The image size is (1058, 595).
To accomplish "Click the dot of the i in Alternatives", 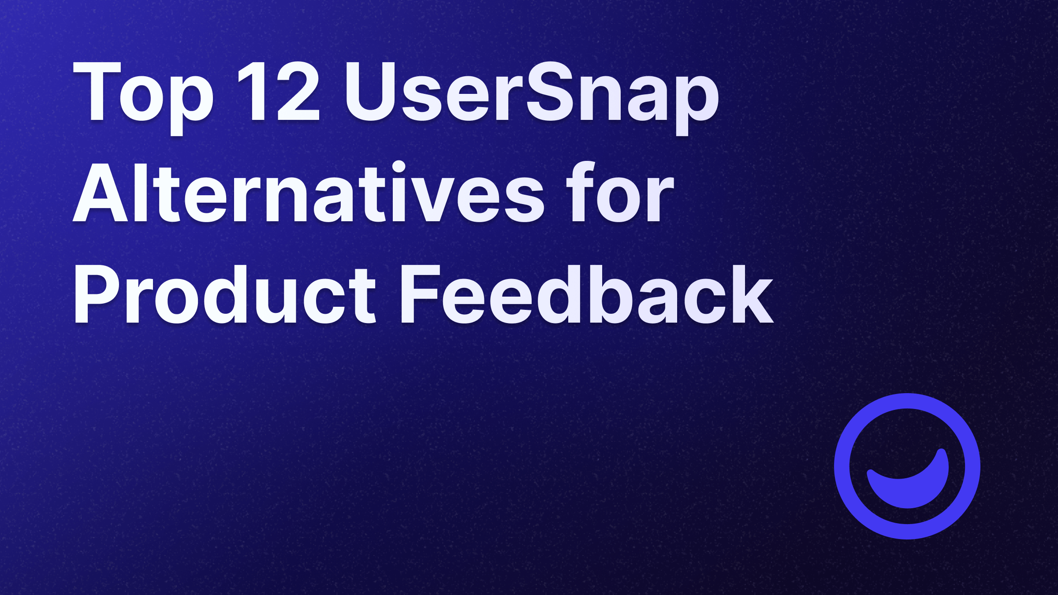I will point(399,167).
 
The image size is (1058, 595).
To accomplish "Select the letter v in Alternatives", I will point(434,198).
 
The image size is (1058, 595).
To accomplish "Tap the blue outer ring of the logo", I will point(907,401).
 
